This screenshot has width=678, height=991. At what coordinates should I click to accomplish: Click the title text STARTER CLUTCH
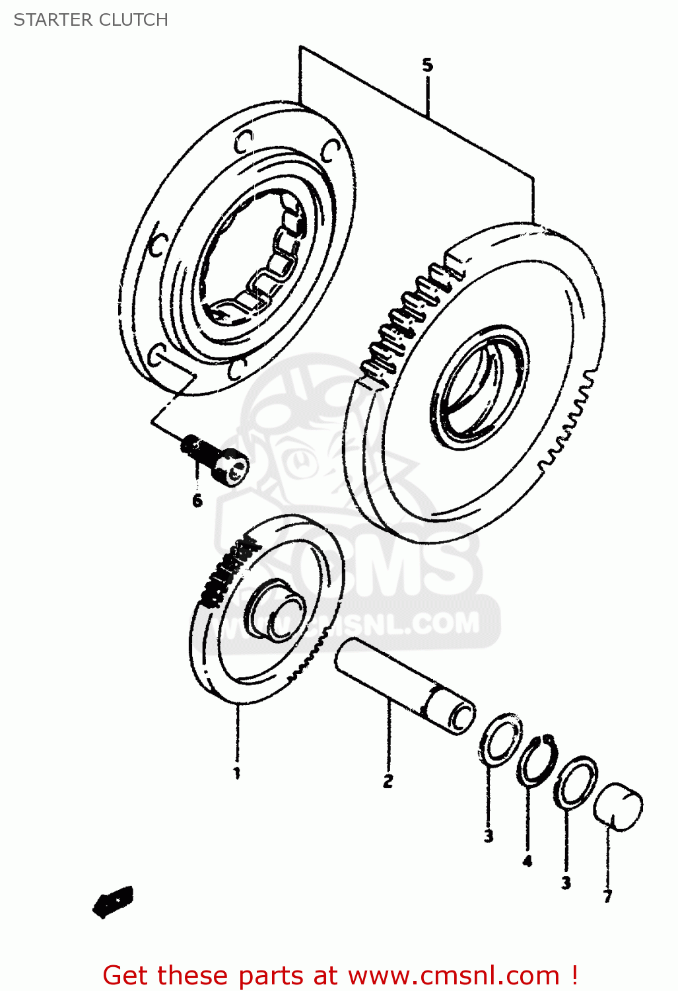[91, 20]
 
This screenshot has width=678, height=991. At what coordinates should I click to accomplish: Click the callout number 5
[427, 65]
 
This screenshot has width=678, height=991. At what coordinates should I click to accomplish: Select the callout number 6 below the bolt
[197, 501]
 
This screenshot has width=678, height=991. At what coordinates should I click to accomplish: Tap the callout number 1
[236, 772]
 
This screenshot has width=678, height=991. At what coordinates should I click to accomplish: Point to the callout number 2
[388, 781]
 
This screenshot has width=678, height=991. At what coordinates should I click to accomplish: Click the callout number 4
[527, 860]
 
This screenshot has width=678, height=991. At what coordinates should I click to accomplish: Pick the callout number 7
[607, 896]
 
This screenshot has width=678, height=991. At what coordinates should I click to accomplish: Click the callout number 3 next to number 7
[566, 883]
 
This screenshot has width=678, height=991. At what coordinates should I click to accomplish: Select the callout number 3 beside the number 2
[488, 836]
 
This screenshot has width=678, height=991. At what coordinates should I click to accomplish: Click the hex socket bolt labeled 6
[218, 459]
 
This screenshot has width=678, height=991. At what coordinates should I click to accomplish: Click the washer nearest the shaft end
[500, 740]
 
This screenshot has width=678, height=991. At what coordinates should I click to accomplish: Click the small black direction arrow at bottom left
[114, 900]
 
